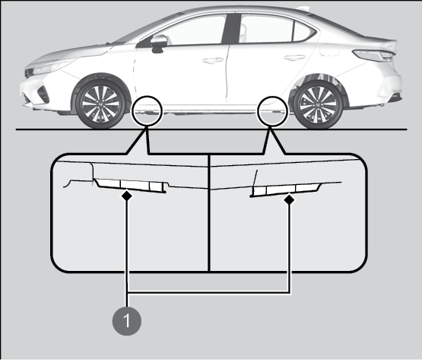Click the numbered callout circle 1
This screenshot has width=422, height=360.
point(127,321)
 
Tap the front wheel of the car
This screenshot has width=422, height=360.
point(100,104)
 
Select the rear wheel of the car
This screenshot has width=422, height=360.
point(319,104)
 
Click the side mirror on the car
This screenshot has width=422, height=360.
point(158,43)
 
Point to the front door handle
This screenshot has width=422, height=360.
point(213,60)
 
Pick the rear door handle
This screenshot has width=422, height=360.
point(294,57)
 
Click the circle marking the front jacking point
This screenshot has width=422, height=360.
point(148,111)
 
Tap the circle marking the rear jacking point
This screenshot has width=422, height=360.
point(273,111)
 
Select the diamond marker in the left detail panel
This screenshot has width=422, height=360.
point(127,195)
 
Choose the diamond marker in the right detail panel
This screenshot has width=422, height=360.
point(290,199)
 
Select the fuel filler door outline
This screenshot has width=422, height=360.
point(329,49)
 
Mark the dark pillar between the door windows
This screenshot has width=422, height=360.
point(231,28)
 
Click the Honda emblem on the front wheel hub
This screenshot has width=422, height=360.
point(100,104)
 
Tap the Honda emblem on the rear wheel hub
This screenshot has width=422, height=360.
point(319,104)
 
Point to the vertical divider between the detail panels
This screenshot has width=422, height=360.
point(209,213)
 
